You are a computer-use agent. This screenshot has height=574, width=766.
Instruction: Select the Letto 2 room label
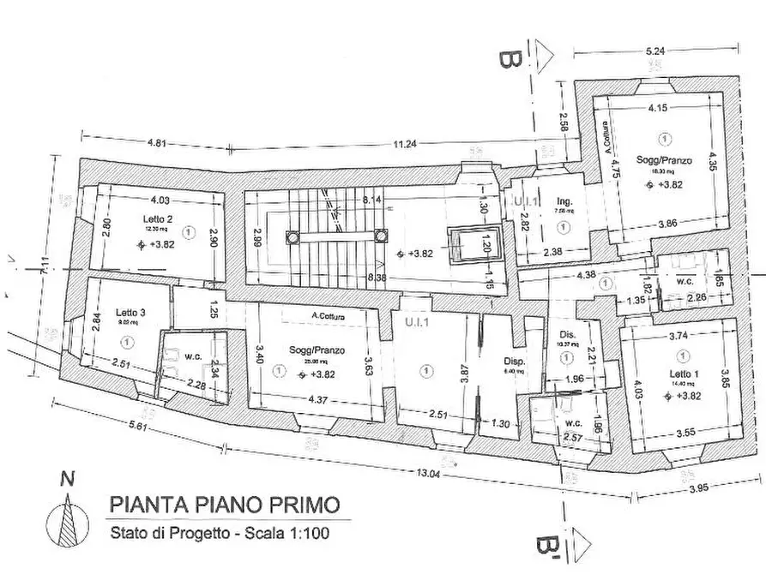pos(158,219)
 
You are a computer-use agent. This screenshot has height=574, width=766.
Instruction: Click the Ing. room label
pos(564,202)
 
